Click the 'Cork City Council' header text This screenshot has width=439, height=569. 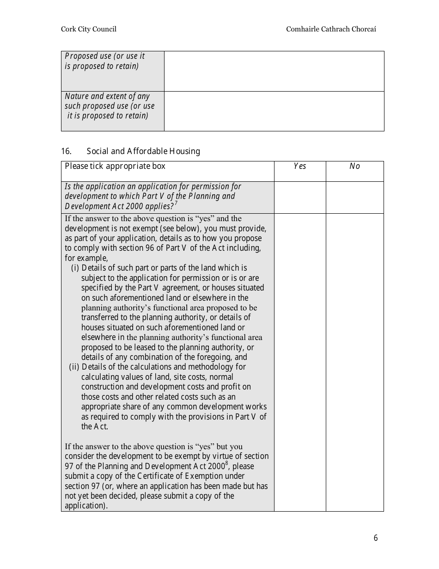click(x=89, y=29)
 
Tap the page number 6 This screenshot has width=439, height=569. click(x=376, y=538)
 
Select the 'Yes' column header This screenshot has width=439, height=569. click(x=300, y=167)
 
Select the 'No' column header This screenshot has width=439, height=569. click(x=354, y=167)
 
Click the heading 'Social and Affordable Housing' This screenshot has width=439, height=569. click(x=143, y=151)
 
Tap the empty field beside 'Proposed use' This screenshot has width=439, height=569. click(x=274, y=71)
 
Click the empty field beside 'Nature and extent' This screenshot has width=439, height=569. click(x=274, y=111)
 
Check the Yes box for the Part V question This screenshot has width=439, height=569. click(x=300, y=198)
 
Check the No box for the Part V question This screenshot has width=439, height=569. click(x=354, y=198)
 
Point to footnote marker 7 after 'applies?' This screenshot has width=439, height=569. click(x=176, y=204)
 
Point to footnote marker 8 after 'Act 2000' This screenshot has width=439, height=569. click(x=226, y=464)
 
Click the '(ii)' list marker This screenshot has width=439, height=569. click(x=74, y=367)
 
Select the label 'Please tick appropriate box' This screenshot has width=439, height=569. click(x=115, y=167)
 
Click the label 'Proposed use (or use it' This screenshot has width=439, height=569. click(x=105, y=56)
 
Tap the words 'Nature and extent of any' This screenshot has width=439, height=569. click(x=107, y=96)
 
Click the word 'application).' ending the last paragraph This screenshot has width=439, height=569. click(x=86, y=506)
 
